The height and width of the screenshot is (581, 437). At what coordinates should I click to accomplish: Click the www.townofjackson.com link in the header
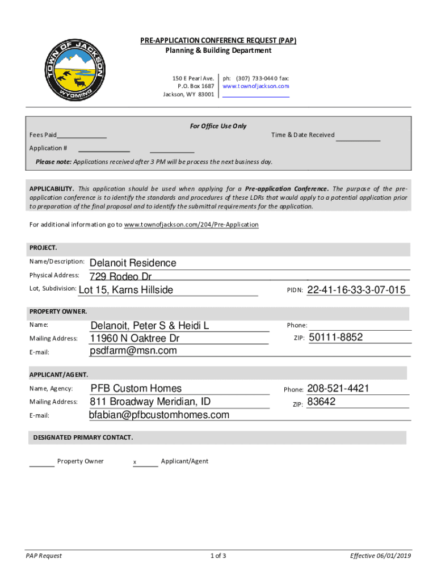pyautogui.click(x=255, y=86)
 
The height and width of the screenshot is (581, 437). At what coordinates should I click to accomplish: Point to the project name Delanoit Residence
pyautogui.click(x=133, y=263)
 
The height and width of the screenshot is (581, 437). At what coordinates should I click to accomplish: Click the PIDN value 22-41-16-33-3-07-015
pyautogui.click(x=356, y=290)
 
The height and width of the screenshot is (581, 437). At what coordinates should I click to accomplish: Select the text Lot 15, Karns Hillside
pyautogui.click(x=125, y=290)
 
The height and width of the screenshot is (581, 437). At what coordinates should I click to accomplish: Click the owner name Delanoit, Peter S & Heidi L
pyautogui.click(x=150, y=326)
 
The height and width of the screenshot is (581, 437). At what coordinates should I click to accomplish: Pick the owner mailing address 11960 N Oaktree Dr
pyautogui.click(x=135, y=338)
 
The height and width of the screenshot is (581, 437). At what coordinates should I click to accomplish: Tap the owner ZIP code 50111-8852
pyautogui.click(x=335, y=338)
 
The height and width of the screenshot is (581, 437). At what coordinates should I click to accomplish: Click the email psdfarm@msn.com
pyautogui.click(x=133, y=351)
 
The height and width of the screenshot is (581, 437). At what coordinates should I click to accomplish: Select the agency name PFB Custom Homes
pyautogui.click(x=136, y=389)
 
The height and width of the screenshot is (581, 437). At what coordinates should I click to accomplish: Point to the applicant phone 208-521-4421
pyautogui.click(x=338, y=389)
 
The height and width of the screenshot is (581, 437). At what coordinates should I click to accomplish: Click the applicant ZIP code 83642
pyautogui.click(x=321, y=402)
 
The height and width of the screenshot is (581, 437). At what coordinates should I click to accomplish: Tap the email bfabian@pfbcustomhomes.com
pyautogui.click(x=159, y=415)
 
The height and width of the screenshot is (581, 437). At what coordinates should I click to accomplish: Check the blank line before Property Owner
pyautogui.click(x=41, y=465)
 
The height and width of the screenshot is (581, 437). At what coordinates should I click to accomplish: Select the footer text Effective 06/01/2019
pyautogui.click(x=380, y=555)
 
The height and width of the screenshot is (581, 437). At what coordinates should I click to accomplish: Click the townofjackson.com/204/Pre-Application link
pyautogui.click(x=191, y=225)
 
